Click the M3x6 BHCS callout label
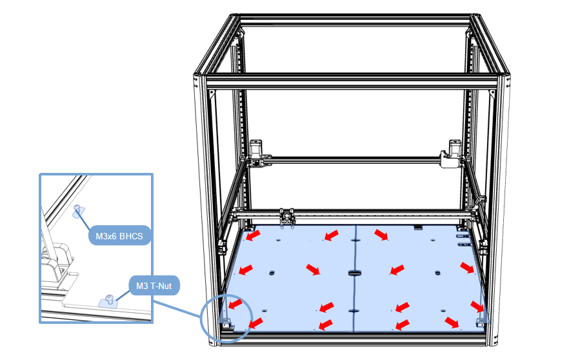click(x=119, y=236)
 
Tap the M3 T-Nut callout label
click(x=154, y=285)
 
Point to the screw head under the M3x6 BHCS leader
click(x=79, y=208)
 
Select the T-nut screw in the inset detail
click(x=110, y=299)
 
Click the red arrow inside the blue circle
click(x=237, y=303)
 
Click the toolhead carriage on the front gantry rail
click(x=287, y=217)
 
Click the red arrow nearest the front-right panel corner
click(x=452, y=321)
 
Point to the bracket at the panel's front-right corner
click(x=481, y=319)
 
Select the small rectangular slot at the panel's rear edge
click(x=418, y=228)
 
